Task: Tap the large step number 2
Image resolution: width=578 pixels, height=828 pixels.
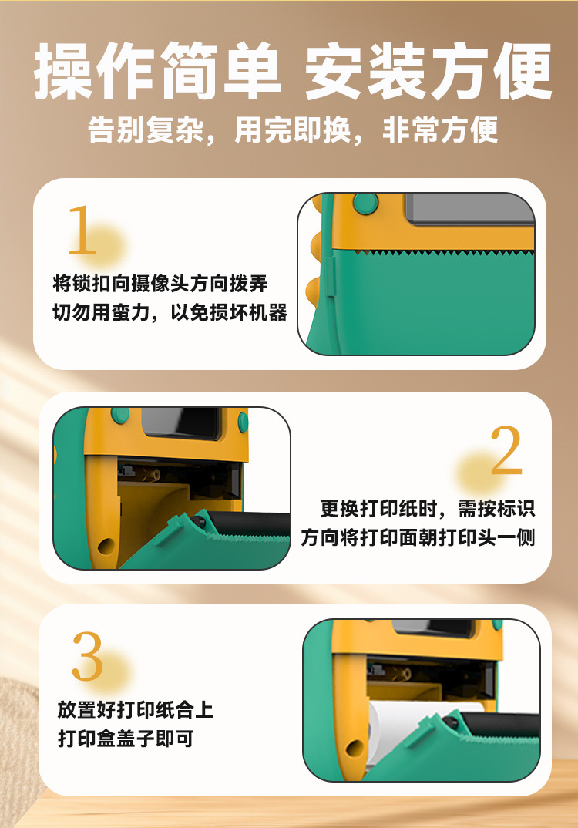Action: [x=506, y=451]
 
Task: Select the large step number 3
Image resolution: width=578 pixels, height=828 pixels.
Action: [x=87, y=657]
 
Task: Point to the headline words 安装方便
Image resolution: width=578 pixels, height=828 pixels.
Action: [x=428, y=72]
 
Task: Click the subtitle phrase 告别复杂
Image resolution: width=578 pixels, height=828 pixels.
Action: [x=145, y=130]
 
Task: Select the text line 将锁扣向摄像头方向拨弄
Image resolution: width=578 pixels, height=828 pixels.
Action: [x=160, y=283]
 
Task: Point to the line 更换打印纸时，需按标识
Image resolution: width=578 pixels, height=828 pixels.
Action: [x=428, y=508]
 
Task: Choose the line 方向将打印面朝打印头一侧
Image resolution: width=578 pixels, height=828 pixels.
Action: [x=418, y=537]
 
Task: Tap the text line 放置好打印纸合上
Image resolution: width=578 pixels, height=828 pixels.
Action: [x=136, y=709]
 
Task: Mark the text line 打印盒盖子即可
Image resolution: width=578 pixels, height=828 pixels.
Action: [x=126, y=739]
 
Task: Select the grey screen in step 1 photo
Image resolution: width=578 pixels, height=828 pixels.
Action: [x=469, y=208]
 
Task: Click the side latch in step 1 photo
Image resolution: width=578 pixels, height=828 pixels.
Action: [x=329, y=278]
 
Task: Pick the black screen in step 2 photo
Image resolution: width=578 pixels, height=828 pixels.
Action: [x=180, y=423]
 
